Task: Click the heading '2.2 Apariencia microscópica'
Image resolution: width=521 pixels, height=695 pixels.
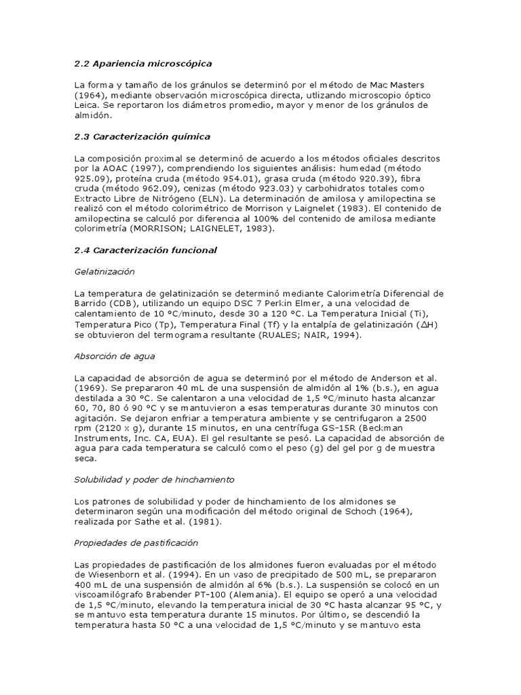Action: (143, 63)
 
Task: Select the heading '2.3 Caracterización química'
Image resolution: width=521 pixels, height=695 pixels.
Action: (142, 136)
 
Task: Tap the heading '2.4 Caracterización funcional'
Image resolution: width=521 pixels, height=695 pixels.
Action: (146, 250)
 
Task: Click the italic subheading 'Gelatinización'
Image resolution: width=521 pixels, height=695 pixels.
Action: (104, 271)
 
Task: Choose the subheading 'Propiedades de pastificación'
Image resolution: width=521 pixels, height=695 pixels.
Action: (136, 543)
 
